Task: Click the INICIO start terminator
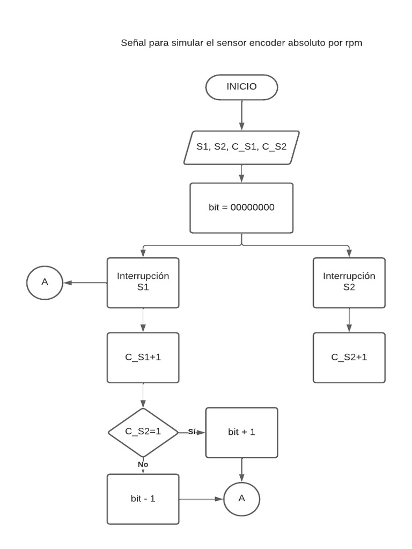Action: [x=241, y=87]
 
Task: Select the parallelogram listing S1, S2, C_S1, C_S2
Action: [x=241, y=147]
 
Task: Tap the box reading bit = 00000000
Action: [x=241, y=208]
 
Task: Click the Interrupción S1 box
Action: [x=143, y=283]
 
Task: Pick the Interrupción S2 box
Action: [x=349, y=283]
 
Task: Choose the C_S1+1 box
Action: [x=143, y=358]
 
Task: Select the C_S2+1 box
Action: [x=349, y=358]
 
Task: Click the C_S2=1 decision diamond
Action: [x=143, y=432]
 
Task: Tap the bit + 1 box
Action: [x=241, y=432]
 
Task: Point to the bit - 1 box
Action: [x=143, y=499]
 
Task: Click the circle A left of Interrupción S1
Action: [x=45, y=282]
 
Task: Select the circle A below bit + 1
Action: [x=241, y=499]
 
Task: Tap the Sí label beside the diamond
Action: [x=192, y=432]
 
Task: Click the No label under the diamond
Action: [x=143, y=464]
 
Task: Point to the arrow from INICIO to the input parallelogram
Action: [x=241, y=115]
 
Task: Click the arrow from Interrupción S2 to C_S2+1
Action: [x=349, y=320]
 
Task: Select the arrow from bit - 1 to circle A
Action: [x=201, y=499]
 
